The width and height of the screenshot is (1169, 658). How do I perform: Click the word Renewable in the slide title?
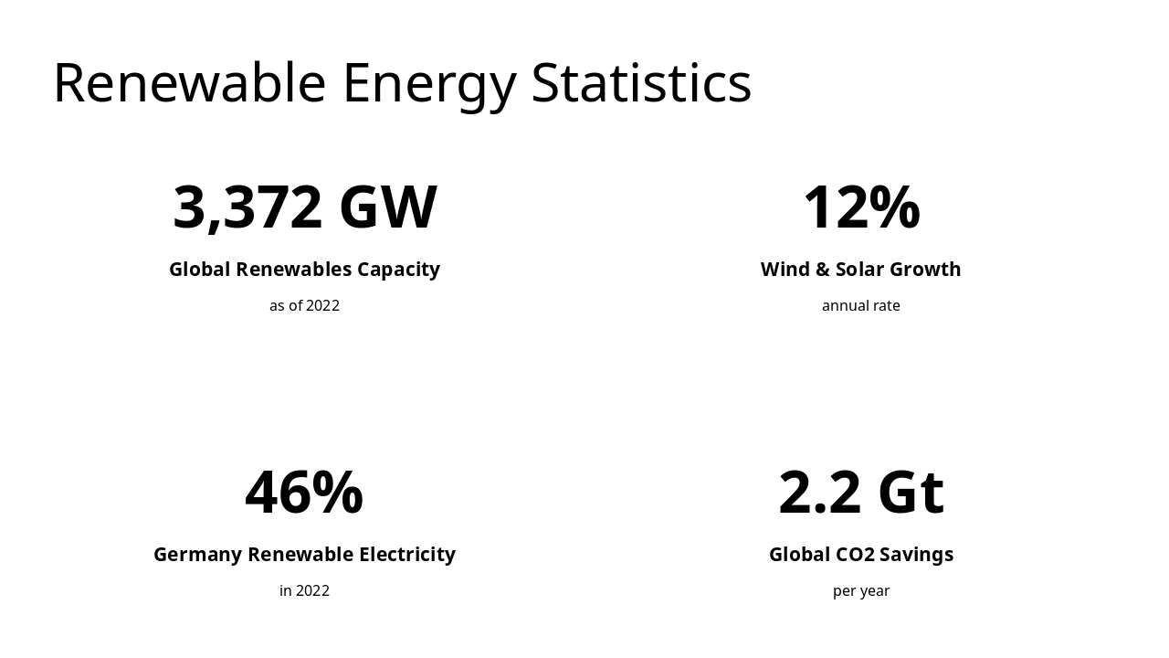(189, 82)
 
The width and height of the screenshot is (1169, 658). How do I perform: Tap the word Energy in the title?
(429, 84)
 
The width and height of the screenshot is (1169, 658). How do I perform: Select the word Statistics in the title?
(640, 82)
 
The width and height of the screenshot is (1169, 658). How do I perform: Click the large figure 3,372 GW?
(304, 207)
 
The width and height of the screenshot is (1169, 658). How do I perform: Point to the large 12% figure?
(860, 207)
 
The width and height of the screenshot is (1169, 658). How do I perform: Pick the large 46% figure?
(304, 492)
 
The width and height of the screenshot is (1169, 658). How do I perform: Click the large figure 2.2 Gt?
(860, 492)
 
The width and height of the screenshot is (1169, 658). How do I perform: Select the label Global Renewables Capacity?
(304, 270)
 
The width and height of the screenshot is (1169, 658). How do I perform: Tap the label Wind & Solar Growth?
(860, 270)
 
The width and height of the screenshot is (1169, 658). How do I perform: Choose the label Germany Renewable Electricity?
(304, 555)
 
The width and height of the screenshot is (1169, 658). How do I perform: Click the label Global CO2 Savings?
(860, 555)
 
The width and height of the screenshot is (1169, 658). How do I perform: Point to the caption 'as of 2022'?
(304, 305)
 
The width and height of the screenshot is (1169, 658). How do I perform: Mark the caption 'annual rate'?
(860, 305)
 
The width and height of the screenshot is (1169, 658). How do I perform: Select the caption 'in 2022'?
(304, 590)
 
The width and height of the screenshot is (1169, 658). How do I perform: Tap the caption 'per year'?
(860, 590)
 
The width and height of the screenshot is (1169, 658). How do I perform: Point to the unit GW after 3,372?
(388, 207)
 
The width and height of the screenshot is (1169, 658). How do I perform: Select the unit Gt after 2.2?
(911, 492)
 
